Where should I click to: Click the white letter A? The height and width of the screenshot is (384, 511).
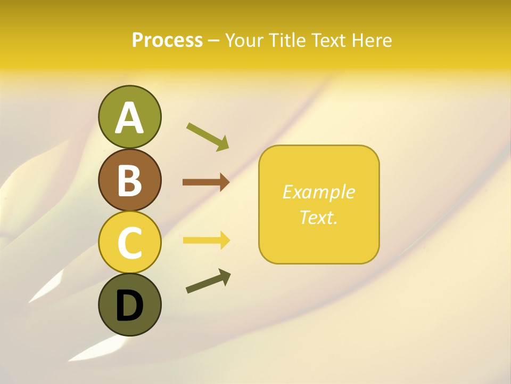pyautogui.click(x=129, y=118)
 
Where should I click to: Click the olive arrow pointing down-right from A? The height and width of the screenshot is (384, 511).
pyautogui.click(x=208, y=137)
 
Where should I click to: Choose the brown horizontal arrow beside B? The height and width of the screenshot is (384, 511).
pyautogui.click(x=205, y=182)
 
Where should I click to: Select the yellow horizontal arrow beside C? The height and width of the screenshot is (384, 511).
pyautogui.click(x=206, y=241)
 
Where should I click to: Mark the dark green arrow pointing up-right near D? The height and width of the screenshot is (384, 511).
pyautogui.click(x=208, y=282)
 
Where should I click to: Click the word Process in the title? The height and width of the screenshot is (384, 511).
pyautogui.click(x=167, y=41)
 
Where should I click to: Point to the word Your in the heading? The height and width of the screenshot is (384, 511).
pyautogui.click(x=245, y=41)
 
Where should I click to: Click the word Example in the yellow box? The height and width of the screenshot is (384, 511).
pyautogui.click(x=318, y=192)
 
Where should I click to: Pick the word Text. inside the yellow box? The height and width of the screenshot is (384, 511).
pyautogui.click(x=318, y=217)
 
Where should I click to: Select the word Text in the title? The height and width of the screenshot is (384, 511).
pyautogui.click(x=328, y=41)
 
